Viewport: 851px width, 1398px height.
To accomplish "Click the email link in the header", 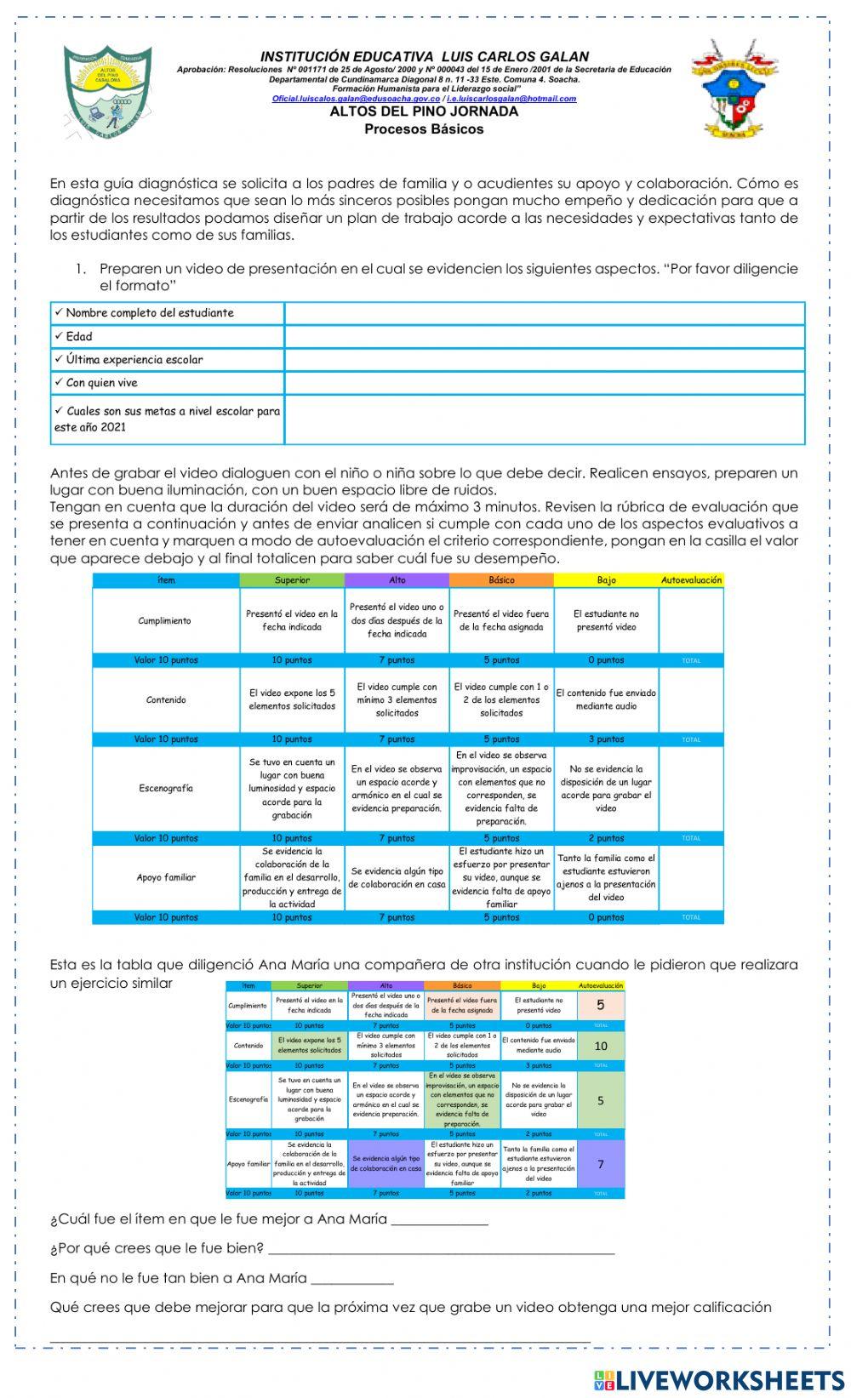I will pyautogui.click(x=424, y=99).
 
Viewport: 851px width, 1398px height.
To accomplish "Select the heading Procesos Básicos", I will pyautogui.click(x=424, y=129).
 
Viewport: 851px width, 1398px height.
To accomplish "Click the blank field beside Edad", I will pyautogui.click(x=545, y=337).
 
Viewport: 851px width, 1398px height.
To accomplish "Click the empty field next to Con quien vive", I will pyautogui.click(x=545, y=383).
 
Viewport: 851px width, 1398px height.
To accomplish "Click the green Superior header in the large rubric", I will pyautogui.click(x=292, y=580).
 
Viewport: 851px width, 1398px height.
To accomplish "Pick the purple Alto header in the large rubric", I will pyautogui.click(x=397, y=580).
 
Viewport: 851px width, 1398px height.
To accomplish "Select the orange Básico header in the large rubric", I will pyautogui.click(x=501, y=580).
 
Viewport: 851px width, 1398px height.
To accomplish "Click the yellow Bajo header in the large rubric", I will pyautogui.click(x=606, y=580).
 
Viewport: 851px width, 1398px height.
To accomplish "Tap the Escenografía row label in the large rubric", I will pyautogui.click(x=166, y=789).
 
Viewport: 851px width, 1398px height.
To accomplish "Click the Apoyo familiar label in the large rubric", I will pyautogui.click(x=166, y=877).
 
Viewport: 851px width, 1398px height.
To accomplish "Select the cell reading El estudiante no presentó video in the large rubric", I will pyautogui.click(x=606, y=620).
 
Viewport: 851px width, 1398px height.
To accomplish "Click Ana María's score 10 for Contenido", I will pyautogui.click(x=601, y=1046).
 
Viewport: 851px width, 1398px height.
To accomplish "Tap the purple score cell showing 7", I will pyautogui.click(x=601, y=1164).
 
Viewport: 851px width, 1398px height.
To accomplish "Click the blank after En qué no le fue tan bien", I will pyautogui.click(x=352, y=1278).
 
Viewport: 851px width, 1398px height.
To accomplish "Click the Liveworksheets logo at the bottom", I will pyautogui.click(x=719, y=1379).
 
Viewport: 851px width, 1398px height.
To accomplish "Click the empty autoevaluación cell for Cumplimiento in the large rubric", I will pyautogui.click(x=691, y=620).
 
